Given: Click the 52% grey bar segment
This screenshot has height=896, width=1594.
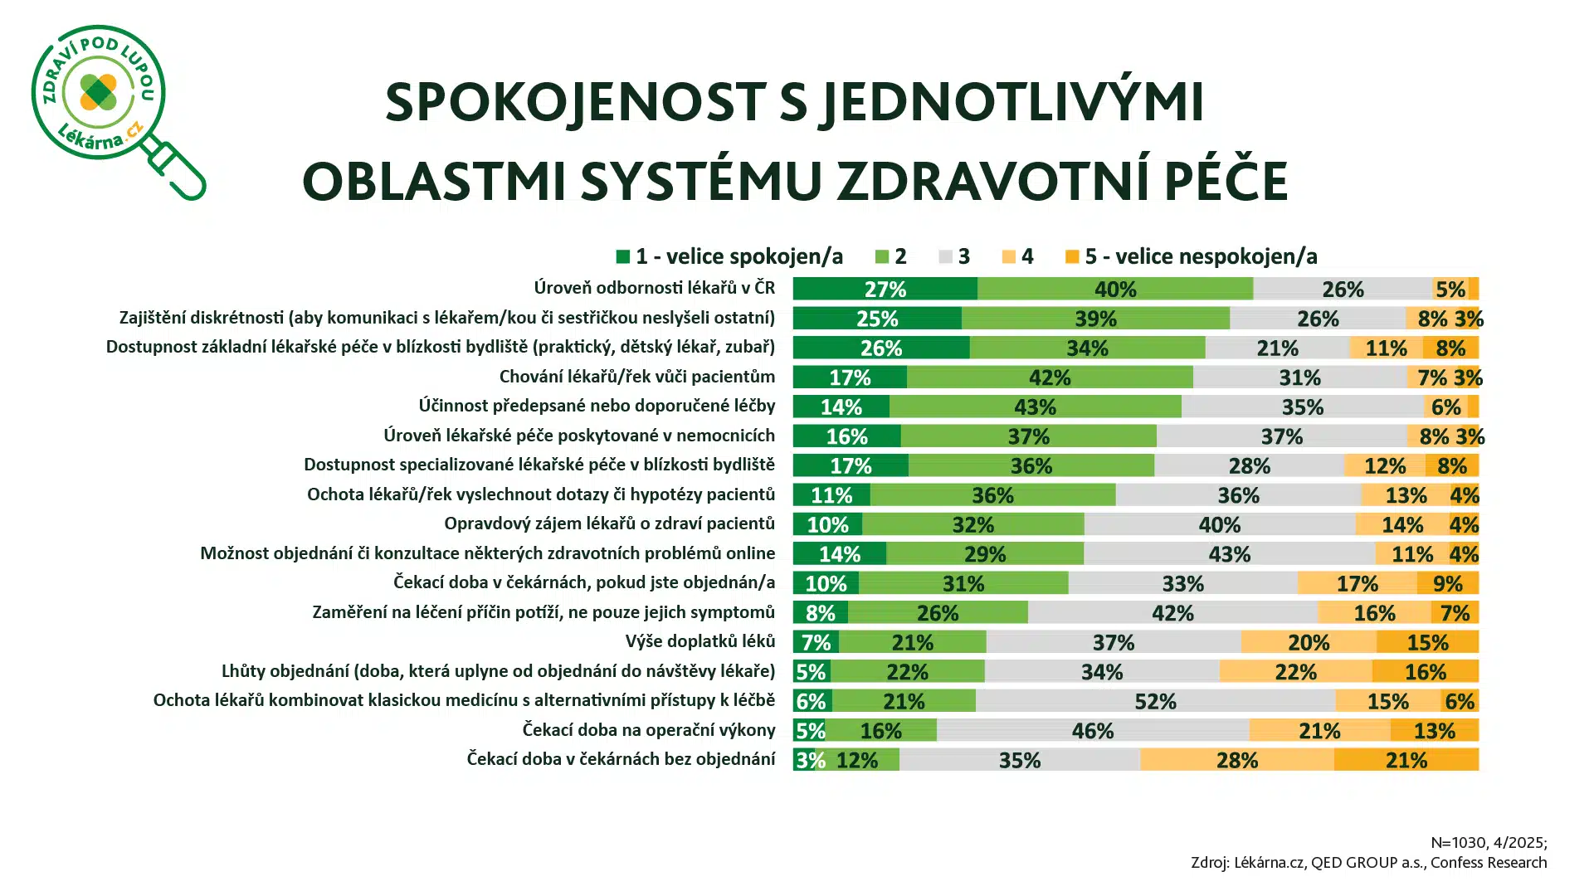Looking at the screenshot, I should click(1155, 701).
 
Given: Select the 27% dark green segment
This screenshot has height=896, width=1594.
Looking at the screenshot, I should click(885, 289).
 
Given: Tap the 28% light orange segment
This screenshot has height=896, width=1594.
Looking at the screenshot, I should click(1236, 760).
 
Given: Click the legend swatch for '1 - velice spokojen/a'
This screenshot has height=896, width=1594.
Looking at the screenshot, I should click(623, 256).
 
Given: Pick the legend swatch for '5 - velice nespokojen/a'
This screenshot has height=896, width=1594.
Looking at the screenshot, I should click(1072, 256).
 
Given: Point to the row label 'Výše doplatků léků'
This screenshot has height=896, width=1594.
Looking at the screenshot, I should click(700, 641).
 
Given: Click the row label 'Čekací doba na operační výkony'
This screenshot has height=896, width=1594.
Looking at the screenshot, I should click(648, 730).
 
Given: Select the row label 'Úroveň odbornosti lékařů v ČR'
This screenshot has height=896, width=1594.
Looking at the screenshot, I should click(654, 288).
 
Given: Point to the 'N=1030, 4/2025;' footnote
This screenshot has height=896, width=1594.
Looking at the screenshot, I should click(1489, 843).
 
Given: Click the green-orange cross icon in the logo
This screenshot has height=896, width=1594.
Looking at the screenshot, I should click(98, 91).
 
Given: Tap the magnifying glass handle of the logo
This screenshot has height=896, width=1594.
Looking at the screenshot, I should click(178, 172).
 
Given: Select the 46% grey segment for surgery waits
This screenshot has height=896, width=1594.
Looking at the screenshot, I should click(1092, 730).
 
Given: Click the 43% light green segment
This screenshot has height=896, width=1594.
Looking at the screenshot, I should click(1035, 407).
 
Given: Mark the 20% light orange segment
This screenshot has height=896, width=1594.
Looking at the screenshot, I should click(1308, 642).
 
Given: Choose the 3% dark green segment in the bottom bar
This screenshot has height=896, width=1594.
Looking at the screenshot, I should click(803, 760).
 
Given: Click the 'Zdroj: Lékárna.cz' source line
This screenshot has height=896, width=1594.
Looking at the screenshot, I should click(1368, 863).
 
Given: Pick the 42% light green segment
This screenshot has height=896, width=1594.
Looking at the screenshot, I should click(1050, 377).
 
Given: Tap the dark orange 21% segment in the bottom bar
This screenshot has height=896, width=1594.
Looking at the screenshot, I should click(1406, 760).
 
